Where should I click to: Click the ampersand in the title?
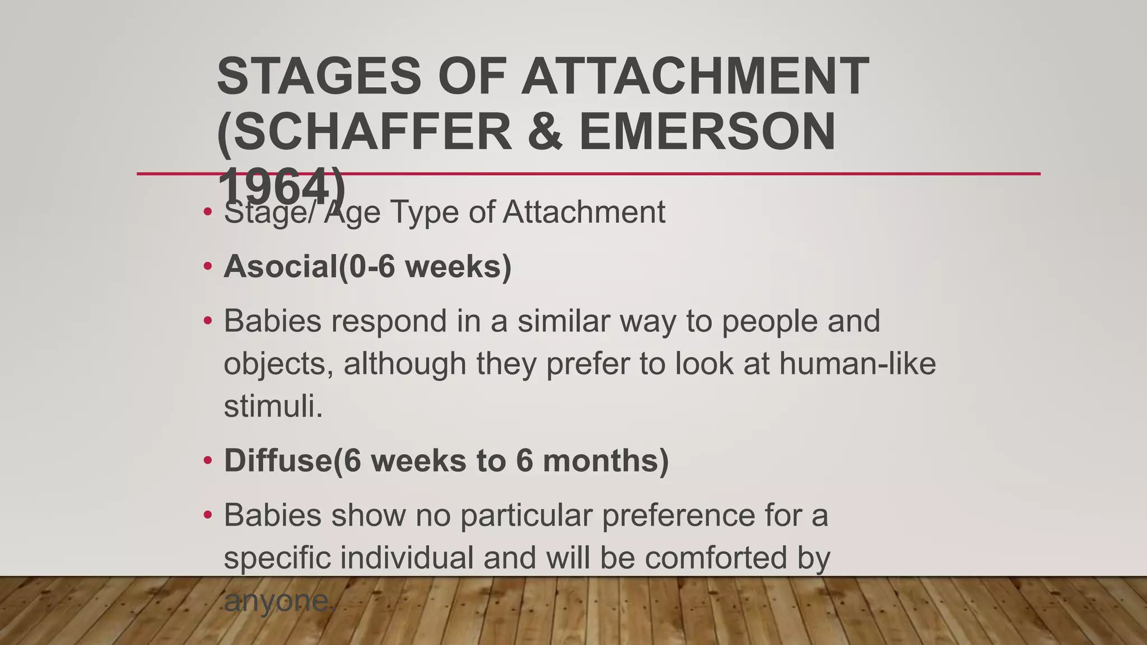[545, 132]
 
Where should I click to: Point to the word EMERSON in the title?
[707, 132]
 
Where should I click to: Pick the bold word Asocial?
[281, 266]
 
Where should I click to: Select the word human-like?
[857, 363]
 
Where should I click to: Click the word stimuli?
[273, 406]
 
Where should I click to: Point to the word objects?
[278, 364]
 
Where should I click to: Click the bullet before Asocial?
[208, 267]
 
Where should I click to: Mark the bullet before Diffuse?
[208, 461]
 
